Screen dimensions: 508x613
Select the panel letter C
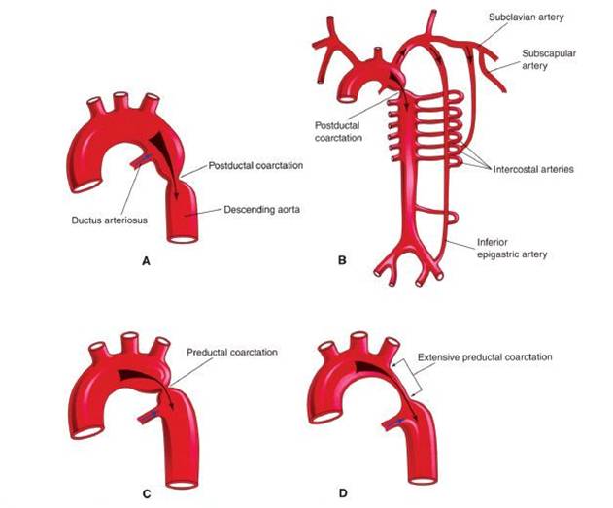pos(147,494)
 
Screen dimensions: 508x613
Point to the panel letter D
pos(340,494)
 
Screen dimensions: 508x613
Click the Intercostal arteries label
pos(525,169)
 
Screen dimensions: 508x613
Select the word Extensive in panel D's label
pos(439,357)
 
